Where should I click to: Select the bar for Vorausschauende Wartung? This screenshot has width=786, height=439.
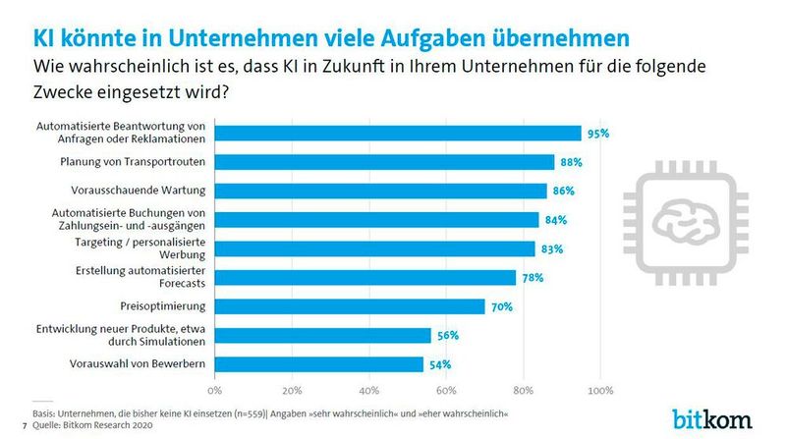coord(381,191)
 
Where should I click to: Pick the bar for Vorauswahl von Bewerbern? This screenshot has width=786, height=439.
coord(320,364)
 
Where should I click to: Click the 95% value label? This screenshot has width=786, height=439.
coord(598,133)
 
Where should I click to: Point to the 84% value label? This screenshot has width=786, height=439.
coord(556,220)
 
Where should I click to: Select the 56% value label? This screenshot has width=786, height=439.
coord(448,336)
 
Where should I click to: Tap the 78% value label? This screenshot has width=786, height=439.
coord(533,278)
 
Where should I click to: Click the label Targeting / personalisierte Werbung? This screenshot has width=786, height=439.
coord(147,248)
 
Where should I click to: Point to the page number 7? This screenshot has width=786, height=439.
coord(24,424)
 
